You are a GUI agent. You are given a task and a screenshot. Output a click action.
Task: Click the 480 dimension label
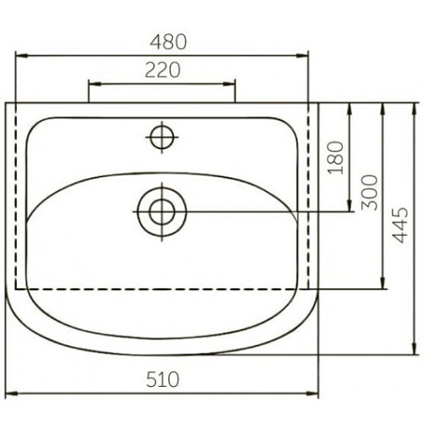click(168, 42)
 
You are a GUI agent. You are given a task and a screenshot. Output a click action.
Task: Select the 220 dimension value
click(163, 70)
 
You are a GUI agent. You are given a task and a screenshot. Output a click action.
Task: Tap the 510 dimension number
click(163, 379)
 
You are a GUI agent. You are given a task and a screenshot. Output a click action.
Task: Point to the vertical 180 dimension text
click(335, 158)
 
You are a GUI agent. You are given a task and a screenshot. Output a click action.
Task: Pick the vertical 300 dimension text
click(370, 192)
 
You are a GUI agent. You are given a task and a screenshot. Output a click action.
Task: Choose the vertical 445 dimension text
click(401, 226)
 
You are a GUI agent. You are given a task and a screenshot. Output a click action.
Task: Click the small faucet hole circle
click(162, 137)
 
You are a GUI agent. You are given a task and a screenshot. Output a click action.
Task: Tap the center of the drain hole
click(162, 211)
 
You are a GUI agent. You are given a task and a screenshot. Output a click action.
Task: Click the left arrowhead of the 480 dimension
click(22, 56)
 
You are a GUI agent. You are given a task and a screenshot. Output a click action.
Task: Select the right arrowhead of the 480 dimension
click(302, 56)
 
